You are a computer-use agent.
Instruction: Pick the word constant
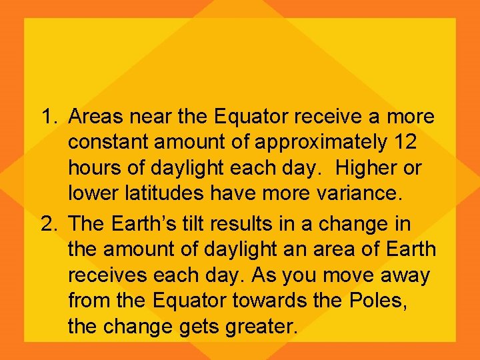(x=109, y=143)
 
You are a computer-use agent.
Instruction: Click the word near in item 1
(x=150, y=117)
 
